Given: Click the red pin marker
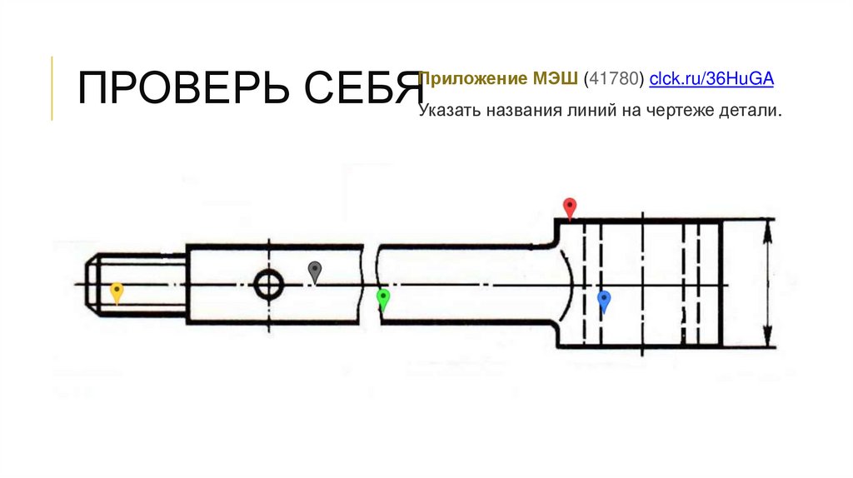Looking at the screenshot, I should click(570, 207).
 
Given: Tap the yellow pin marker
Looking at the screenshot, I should click(117, 291).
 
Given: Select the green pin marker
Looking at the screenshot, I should click(383, 298).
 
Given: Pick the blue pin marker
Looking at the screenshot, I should click(605, 301).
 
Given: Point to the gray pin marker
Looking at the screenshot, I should click(315, 270).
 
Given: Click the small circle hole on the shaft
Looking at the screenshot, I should click(267, 285).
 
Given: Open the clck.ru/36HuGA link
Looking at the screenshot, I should click(711, 79).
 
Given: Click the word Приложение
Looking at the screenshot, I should click(471, 79).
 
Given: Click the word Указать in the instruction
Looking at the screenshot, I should click(448, 111).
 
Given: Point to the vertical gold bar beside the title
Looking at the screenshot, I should click(52, 88).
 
